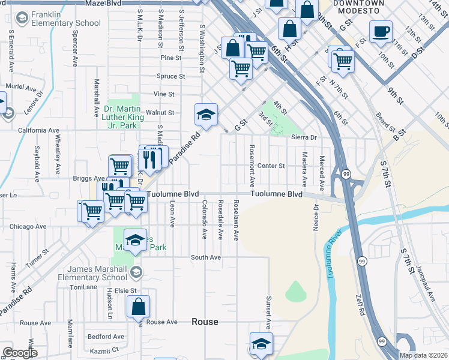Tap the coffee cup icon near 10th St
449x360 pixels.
click(x=380, y=32)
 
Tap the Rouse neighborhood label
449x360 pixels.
click(x=205, y=322)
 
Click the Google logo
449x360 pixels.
click(x=20, y=353)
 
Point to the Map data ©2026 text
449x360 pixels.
click(x=423, y=355)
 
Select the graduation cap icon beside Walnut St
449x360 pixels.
click(x=205, y=115)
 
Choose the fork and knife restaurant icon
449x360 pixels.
click(x=149, y=159)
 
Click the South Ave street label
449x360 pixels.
click(x=206, y=257)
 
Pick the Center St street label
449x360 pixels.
click(x=270, y=166)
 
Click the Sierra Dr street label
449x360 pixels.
click(x=304, y=137)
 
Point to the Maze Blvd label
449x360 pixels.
click(x=103, y=4)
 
